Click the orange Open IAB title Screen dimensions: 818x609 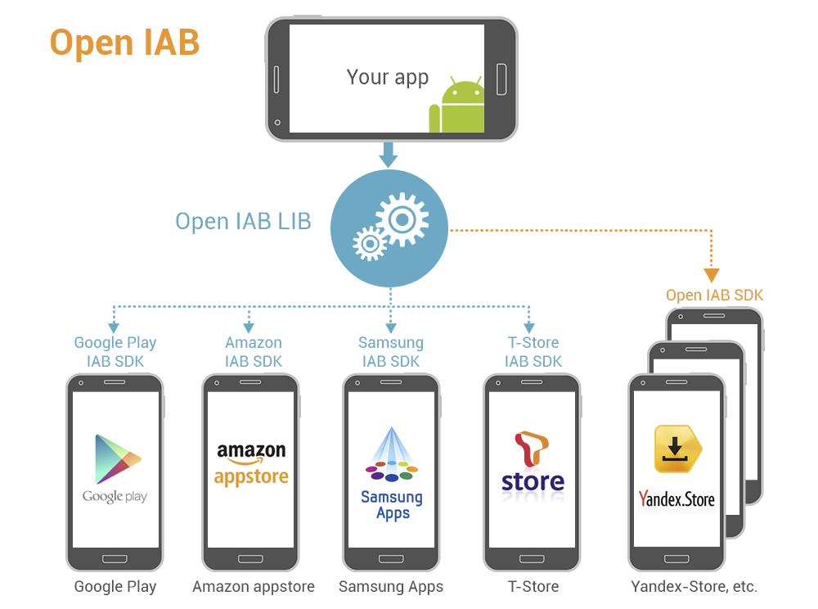click(x=124, y=43)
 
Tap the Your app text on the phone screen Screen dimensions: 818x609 click(x=387, y=77)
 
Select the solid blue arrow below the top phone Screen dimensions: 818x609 click(x=388, y=155)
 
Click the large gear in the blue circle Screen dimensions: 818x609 click(x=402, y=219)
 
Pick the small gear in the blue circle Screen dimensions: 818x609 click(x=371, y=243)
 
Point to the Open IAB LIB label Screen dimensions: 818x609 click(x=243, y=221)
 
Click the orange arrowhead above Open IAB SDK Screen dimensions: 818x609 click(x=711, y=275)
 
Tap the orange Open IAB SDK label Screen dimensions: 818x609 click(x=714, y=295)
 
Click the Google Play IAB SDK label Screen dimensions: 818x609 click(x=115, y=352)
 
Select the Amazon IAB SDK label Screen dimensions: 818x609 click(x=253, y=352)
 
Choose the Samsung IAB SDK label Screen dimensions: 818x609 click(x=391, y=352)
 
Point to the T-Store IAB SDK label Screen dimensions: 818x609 click(x=533, y=352)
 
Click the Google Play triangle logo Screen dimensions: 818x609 click(x=117, y=459)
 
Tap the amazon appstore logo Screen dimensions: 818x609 click(x=251, y=464)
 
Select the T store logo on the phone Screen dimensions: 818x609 click(x=533, y=464)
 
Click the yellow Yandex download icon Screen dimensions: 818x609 click(x=677, y=449)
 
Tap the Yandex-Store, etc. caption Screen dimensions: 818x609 click(x=694, y=587)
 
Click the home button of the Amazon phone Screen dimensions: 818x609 click(x=250, y=559)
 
